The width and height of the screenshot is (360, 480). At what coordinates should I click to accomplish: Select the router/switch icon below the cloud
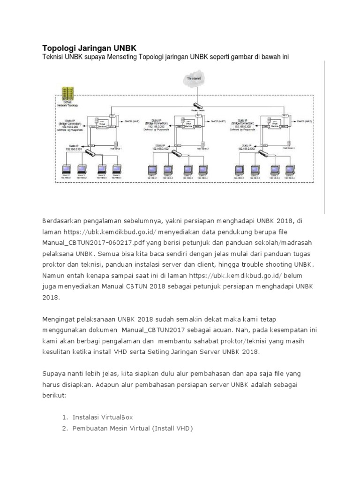coord(196,106)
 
